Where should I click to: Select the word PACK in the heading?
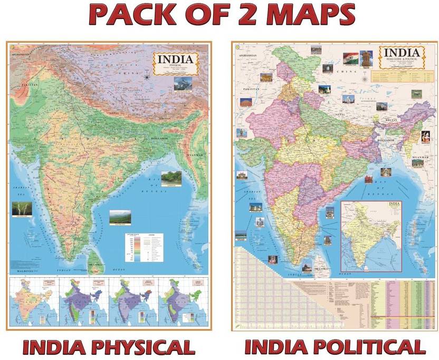132,16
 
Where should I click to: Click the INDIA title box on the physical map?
176,66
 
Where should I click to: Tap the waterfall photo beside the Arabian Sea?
20,208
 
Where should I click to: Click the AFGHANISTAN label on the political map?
250,55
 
